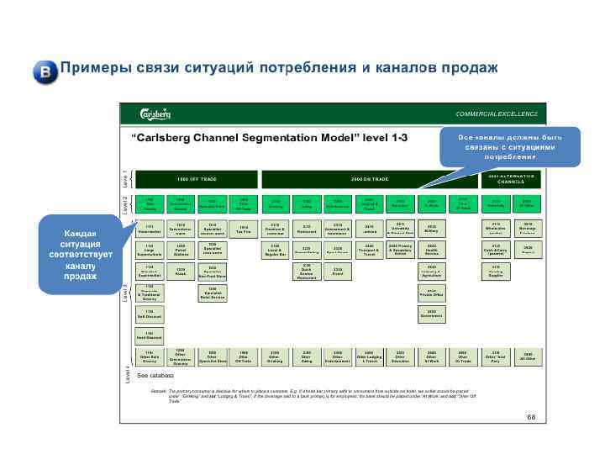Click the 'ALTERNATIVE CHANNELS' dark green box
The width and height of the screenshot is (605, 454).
(511, 179)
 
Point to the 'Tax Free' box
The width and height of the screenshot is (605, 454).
(244, 229)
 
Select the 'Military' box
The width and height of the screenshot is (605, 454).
(432, 229)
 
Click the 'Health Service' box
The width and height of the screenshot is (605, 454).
(432, 250)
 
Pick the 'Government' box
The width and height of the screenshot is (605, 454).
(432, 314)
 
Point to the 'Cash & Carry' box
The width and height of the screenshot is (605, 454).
(496, 250)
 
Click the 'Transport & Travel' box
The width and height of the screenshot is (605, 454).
(369, 250)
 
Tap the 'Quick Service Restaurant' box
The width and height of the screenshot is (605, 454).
(307, 272)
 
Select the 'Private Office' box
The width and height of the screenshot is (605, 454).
(432, 293)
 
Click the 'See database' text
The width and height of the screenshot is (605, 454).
(155, 376)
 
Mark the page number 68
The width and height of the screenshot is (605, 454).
(531, 418)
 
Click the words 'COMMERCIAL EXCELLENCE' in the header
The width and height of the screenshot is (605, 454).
(496, 114)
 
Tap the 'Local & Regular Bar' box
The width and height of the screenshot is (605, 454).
(276, 250)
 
